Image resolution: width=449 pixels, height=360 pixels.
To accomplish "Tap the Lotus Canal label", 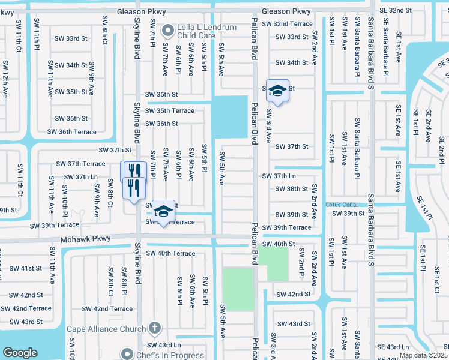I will tap(341, 205).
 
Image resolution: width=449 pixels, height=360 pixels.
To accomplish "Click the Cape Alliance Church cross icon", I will tap(154, 328).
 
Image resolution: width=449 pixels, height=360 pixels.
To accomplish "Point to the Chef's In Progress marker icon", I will tap(127, 354).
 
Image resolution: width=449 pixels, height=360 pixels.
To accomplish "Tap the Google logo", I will tap(20, 352).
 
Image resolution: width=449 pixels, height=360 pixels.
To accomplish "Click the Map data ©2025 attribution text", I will tap(424, 355).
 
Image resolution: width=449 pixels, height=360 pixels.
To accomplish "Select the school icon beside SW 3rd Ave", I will tap(277, 91).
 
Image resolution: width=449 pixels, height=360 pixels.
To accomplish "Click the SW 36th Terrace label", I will tap(71, 131).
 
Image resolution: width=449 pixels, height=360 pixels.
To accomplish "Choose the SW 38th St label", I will tap(291, 188).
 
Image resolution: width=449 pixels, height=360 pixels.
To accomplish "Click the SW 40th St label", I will tap(279, 244).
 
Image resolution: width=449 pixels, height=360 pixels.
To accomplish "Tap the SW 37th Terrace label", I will tap(80, 163).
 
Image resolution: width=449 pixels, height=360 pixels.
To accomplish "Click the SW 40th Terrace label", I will tap(170, 253).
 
